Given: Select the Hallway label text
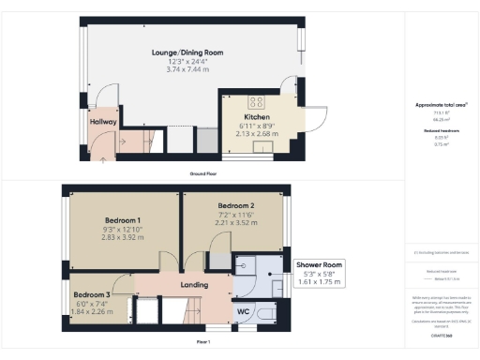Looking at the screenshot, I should click(x=102, y=121).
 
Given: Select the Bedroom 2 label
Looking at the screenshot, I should click(x=236, y=205).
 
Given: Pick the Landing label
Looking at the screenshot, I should click(x=194, y=285).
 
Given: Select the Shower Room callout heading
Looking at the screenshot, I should click(x=320, y=265).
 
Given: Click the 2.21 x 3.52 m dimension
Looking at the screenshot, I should click(x=236, y=223).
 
